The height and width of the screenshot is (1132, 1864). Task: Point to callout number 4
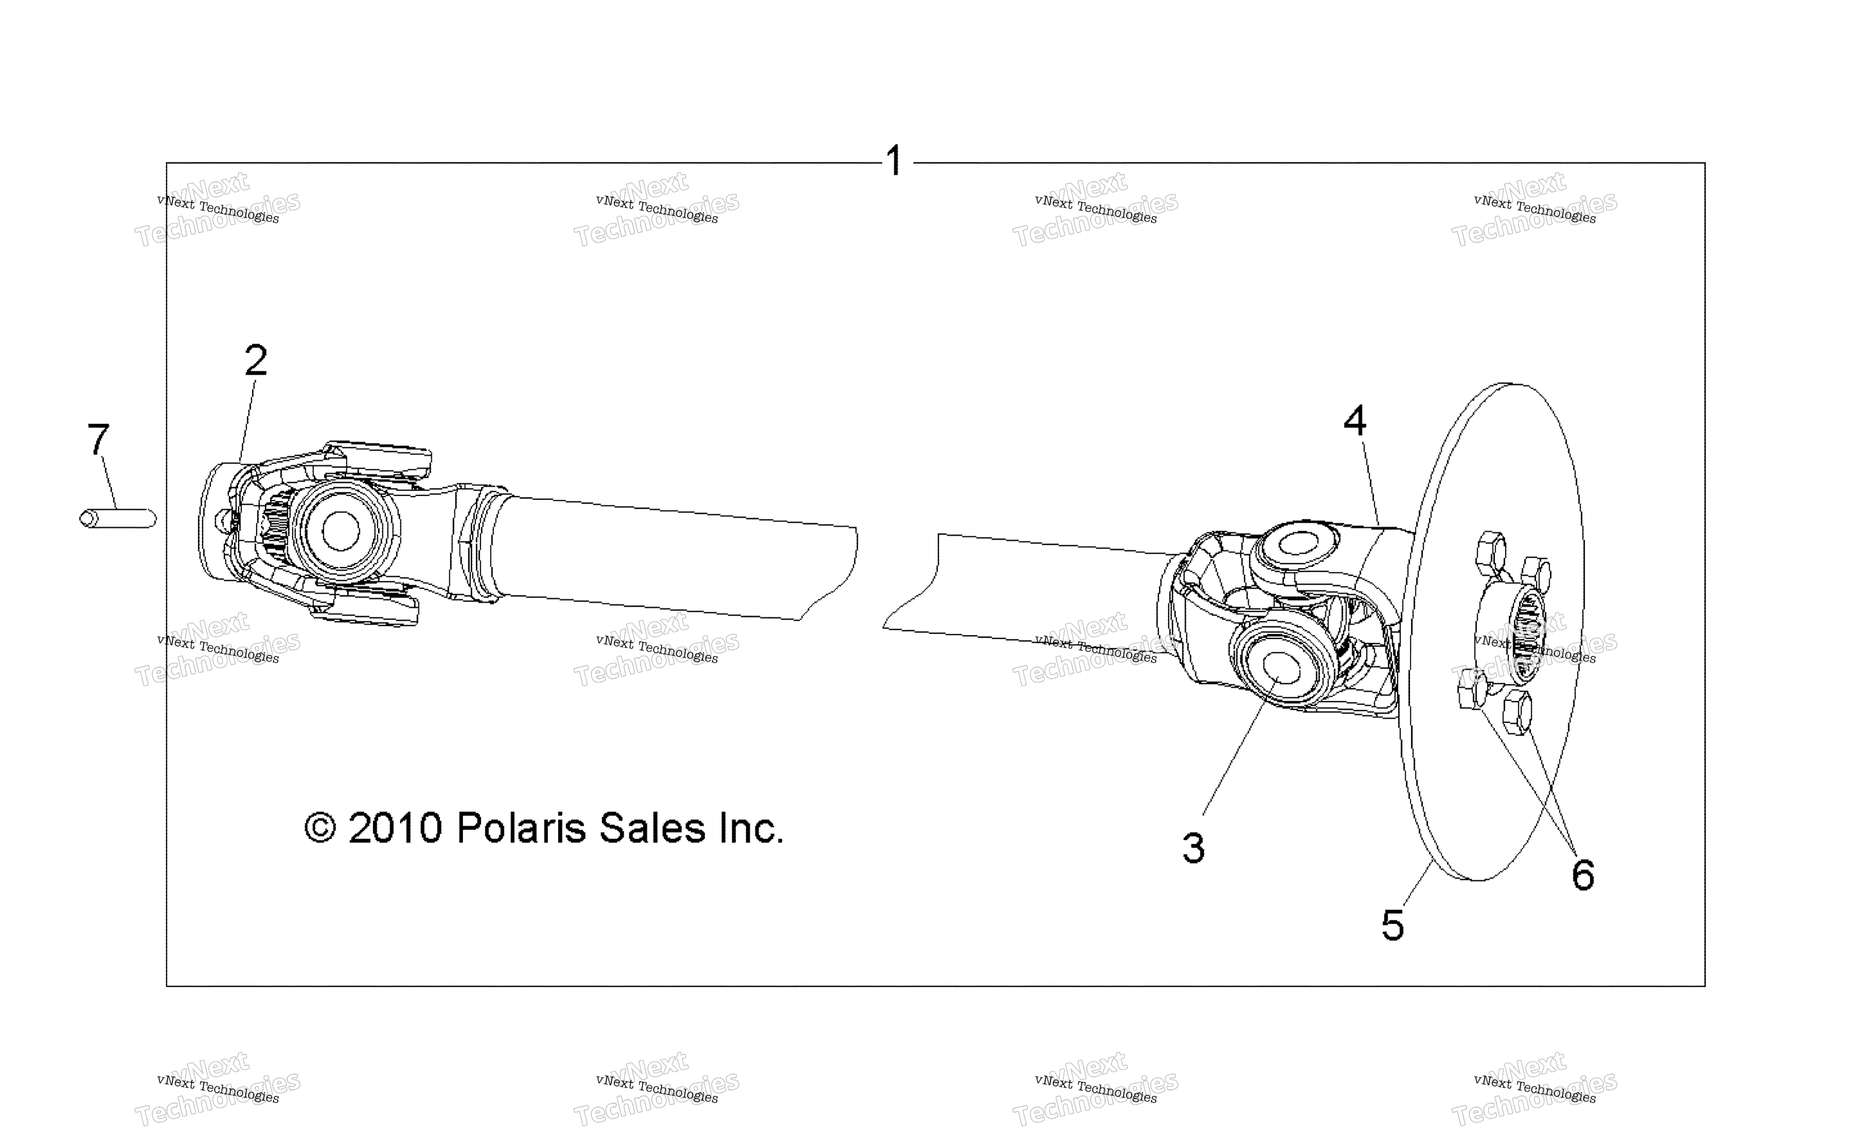(x=1355, y=421)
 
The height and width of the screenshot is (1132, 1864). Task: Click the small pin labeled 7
(x=118, y=519)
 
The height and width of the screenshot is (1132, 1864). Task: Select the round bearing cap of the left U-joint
(x=341, y=531)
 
